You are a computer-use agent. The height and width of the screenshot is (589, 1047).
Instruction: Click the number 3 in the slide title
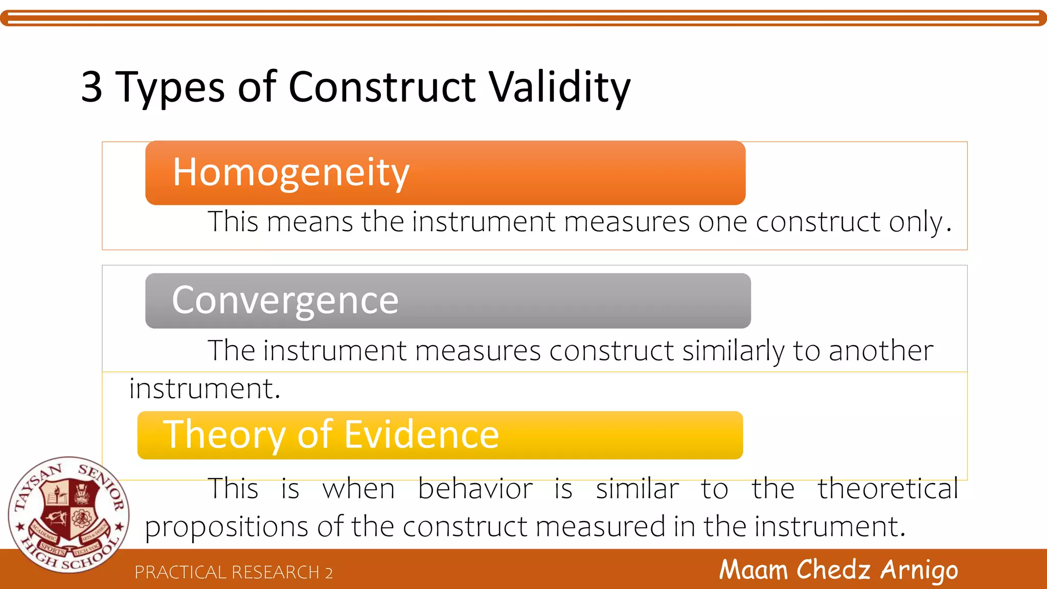[x=92, y=87]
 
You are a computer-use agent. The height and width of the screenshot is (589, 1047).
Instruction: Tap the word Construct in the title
[x=382, y=87]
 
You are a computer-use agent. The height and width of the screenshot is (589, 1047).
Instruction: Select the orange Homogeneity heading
[x=291, y=172]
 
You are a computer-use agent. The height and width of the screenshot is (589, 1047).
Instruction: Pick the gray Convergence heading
[x=285, y=300]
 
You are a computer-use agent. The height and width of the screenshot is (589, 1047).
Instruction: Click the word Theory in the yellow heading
[x=223, y=435]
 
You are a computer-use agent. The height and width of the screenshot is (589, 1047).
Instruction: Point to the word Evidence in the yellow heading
[x=421, y=435]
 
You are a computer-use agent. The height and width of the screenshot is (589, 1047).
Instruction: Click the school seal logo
[x=69, y=514]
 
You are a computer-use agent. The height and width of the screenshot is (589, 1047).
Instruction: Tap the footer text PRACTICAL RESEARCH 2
[x=234, y=572]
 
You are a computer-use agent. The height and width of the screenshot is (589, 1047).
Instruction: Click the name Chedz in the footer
[x=833, y=570]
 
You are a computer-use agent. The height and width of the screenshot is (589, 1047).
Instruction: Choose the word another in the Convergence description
[x=881, y=351]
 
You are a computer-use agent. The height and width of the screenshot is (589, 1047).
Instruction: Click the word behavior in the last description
[x=475, y=488]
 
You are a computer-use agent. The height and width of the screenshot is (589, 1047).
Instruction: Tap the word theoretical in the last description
[x=888, y=488]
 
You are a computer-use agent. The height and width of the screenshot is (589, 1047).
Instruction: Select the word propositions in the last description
[x=226, y=527]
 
